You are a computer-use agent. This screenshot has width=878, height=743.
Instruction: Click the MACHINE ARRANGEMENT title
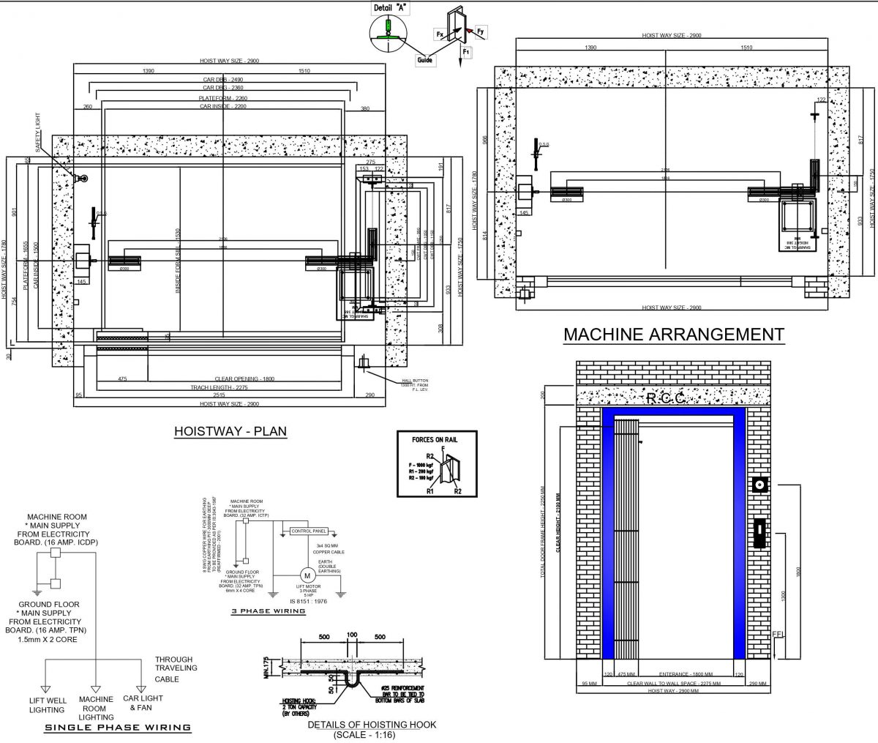673,335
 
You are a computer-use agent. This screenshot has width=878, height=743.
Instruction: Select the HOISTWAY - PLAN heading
230,431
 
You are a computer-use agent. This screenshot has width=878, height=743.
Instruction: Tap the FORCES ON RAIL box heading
437,440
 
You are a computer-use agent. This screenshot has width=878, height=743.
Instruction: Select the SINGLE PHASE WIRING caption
118,728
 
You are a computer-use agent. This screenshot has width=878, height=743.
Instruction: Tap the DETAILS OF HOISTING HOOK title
372,725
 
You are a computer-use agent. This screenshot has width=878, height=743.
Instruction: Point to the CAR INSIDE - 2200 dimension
222,106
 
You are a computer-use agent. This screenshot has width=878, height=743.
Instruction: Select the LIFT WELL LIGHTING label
48,705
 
